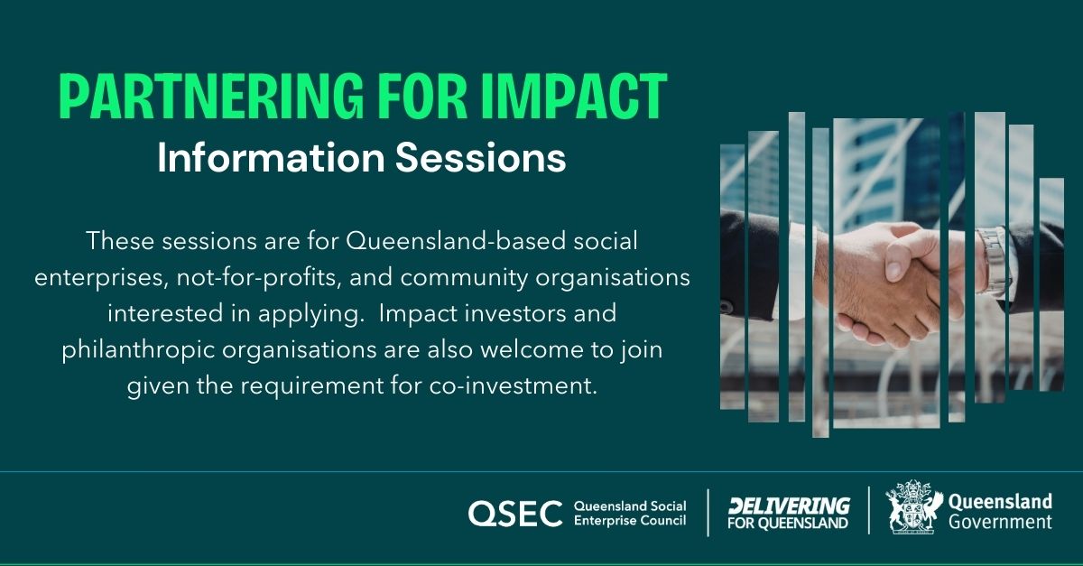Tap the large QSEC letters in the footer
click(515, 514)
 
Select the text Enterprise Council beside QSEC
click(630, 522)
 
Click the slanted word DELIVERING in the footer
click(789, 506)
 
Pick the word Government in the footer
click(1000, 523)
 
